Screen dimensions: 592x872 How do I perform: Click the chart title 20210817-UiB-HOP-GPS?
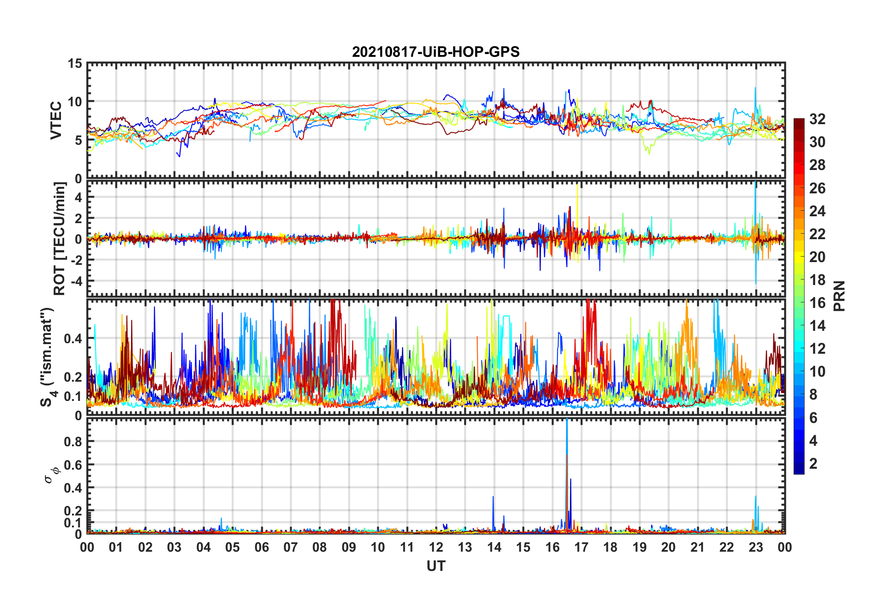coord(436,52)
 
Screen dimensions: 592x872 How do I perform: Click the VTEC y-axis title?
coord(56,121)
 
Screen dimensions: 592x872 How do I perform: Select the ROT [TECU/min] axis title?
coord(60,238)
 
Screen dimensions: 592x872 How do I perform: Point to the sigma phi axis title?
coord(50,475)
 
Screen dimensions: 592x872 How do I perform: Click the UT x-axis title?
coord(436,566)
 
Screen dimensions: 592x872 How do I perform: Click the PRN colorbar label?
coord(839,296)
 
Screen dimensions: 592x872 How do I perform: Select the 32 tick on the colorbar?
coord(817,119)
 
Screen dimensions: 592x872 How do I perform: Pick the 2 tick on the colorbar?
coord(813,464)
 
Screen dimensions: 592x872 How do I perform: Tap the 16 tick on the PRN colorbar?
coord(817,303)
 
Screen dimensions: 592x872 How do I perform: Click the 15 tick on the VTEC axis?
coord(75,64)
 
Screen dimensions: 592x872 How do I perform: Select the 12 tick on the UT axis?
coord(436,547)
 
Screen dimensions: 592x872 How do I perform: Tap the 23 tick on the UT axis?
coord(756,547)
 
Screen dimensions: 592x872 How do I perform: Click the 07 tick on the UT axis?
coord(291,547)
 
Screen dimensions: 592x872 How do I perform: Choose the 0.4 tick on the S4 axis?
coord(73,339)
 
